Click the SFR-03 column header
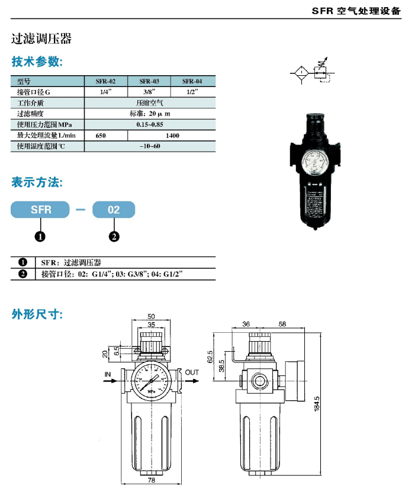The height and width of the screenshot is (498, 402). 149,81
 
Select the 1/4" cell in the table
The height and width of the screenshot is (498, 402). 106,92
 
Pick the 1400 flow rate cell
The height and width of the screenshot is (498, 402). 172,136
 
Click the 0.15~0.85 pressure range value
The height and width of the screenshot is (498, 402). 149,124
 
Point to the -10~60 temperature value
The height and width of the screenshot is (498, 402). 149,146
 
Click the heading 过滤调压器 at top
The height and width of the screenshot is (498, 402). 41,39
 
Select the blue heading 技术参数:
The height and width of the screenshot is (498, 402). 37,62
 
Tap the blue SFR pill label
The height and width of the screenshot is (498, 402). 40,210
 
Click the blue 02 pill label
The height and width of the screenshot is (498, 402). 114,210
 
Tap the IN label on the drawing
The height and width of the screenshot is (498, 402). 108,374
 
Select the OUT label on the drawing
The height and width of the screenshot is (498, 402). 192,373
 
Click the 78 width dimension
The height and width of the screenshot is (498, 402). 151,480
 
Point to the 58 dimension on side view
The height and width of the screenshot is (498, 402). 282,324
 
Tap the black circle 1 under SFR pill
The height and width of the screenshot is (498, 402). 40,237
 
